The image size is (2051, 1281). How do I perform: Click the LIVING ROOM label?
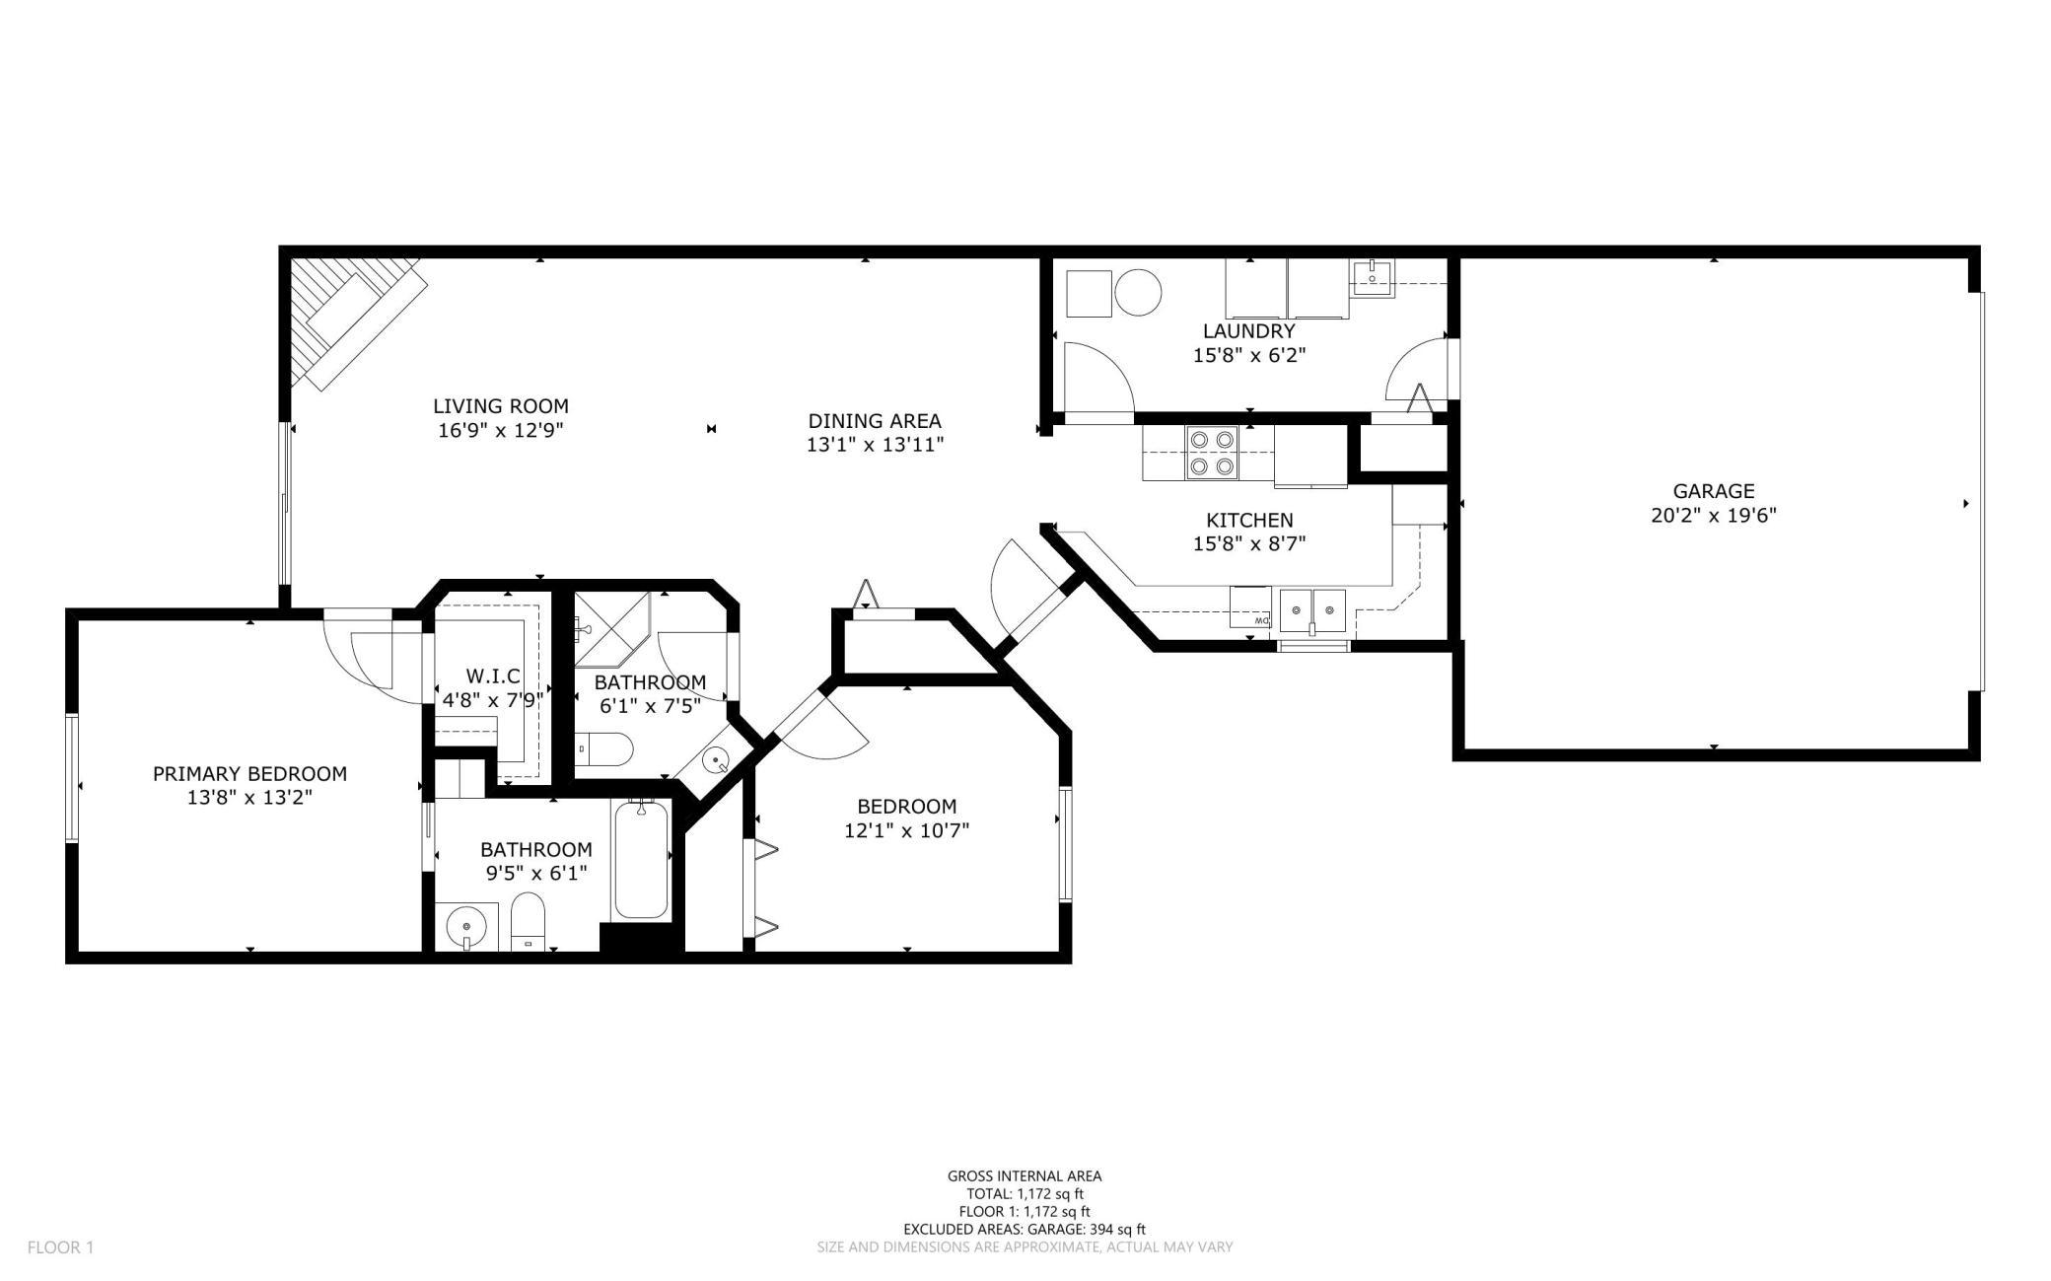point(501,405)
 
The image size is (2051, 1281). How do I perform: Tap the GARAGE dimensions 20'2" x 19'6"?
point(1714,515)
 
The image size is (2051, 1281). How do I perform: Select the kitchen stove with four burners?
point(1213,453)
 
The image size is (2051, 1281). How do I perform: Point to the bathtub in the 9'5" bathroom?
point(642,860)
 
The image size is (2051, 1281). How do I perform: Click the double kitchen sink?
point(1312,608)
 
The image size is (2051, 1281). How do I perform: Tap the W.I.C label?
point(493,676)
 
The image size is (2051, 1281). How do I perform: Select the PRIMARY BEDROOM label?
point(249,774)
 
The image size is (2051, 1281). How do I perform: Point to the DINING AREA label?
point(875,421)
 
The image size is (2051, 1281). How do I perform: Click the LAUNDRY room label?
point(1248,331)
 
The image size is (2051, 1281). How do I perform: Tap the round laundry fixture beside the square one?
point(1138,293)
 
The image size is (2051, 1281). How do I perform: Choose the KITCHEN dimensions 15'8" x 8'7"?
point(1249,543)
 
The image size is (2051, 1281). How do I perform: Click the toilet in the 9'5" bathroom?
point(529,922)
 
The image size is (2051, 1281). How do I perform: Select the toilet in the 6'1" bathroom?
point(602,749)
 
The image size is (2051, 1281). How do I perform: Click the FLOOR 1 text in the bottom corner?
point(60,1247)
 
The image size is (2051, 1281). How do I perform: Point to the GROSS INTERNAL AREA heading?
point(1025,1175)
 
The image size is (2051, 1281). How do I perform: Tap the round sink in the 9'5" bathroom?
point(465,927)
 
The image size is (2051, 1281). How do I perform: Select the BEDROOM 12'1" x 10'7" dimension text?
point(906,830)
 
